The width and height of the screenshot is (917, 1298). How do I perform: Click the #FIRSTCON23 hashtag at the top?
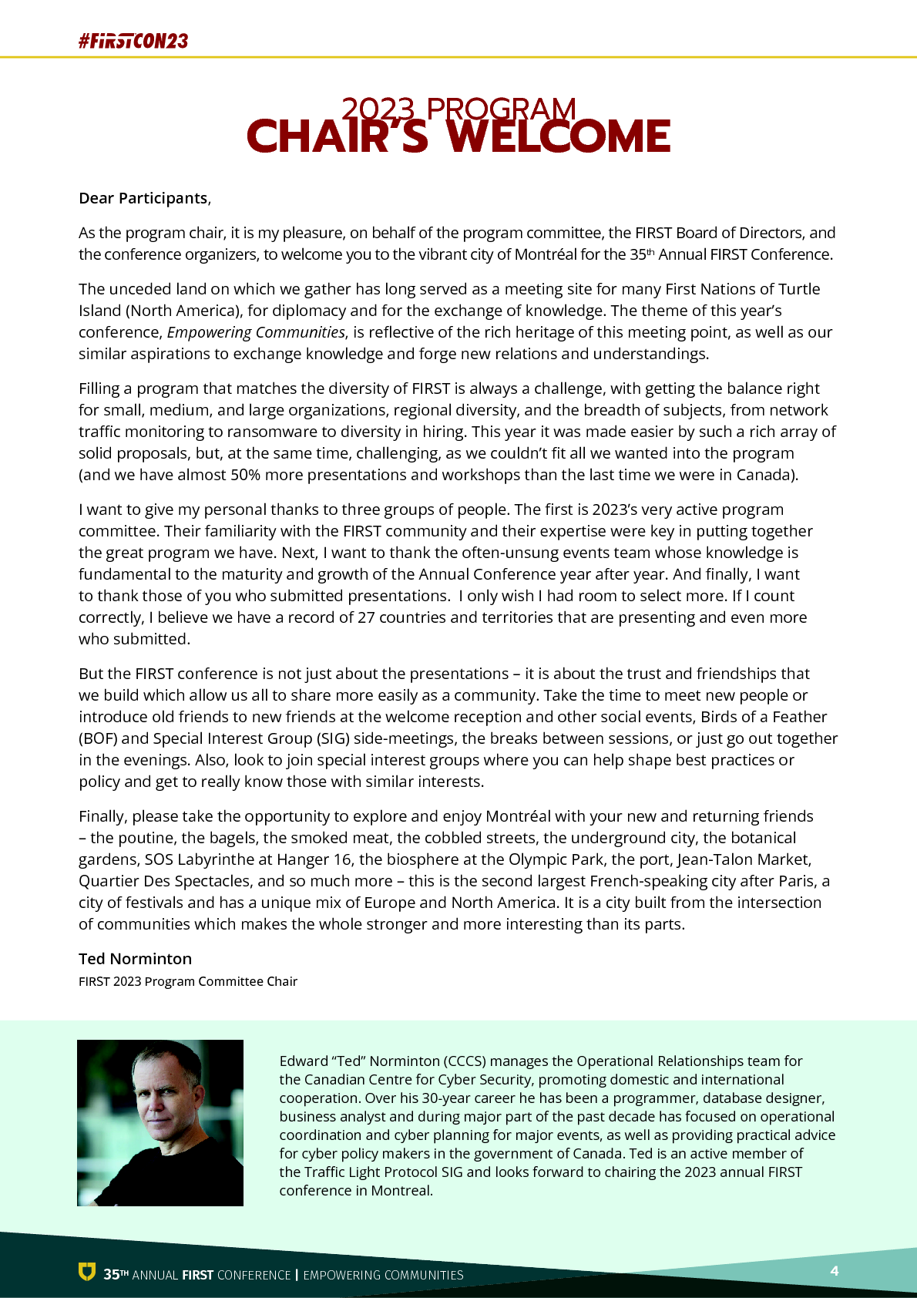pos(133,41)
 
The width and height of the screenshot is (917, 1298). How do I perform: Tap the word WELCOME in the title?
pos(558,136)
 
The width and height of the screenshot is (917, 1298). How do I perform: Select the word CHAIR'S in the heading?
pos(337,136)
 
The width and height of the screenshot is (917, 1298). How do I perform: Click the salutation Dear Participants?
pos(143,198)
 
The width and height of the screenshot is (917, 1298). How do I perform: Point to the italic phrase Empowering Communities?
pos(256,332)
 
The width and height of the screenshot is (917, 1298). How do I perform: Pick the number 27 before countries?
pos(366,617)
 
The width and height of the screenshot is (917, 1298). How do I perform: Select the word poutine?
pos(146,838)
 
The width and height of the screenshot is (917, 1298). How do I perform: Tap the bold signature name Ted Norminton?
pos(135,959)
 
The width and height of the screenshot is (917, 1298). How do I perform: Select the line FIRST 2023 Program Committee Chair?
pos(188,981)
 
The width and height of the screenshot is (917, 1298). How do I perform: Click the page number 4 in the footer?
pos(834,1271)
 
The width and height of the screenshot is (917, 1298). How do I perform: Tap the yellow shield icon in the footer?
pos(87,1272)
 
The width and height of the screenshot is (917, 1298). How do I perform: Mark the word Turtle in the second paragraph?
pos(799,289)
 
